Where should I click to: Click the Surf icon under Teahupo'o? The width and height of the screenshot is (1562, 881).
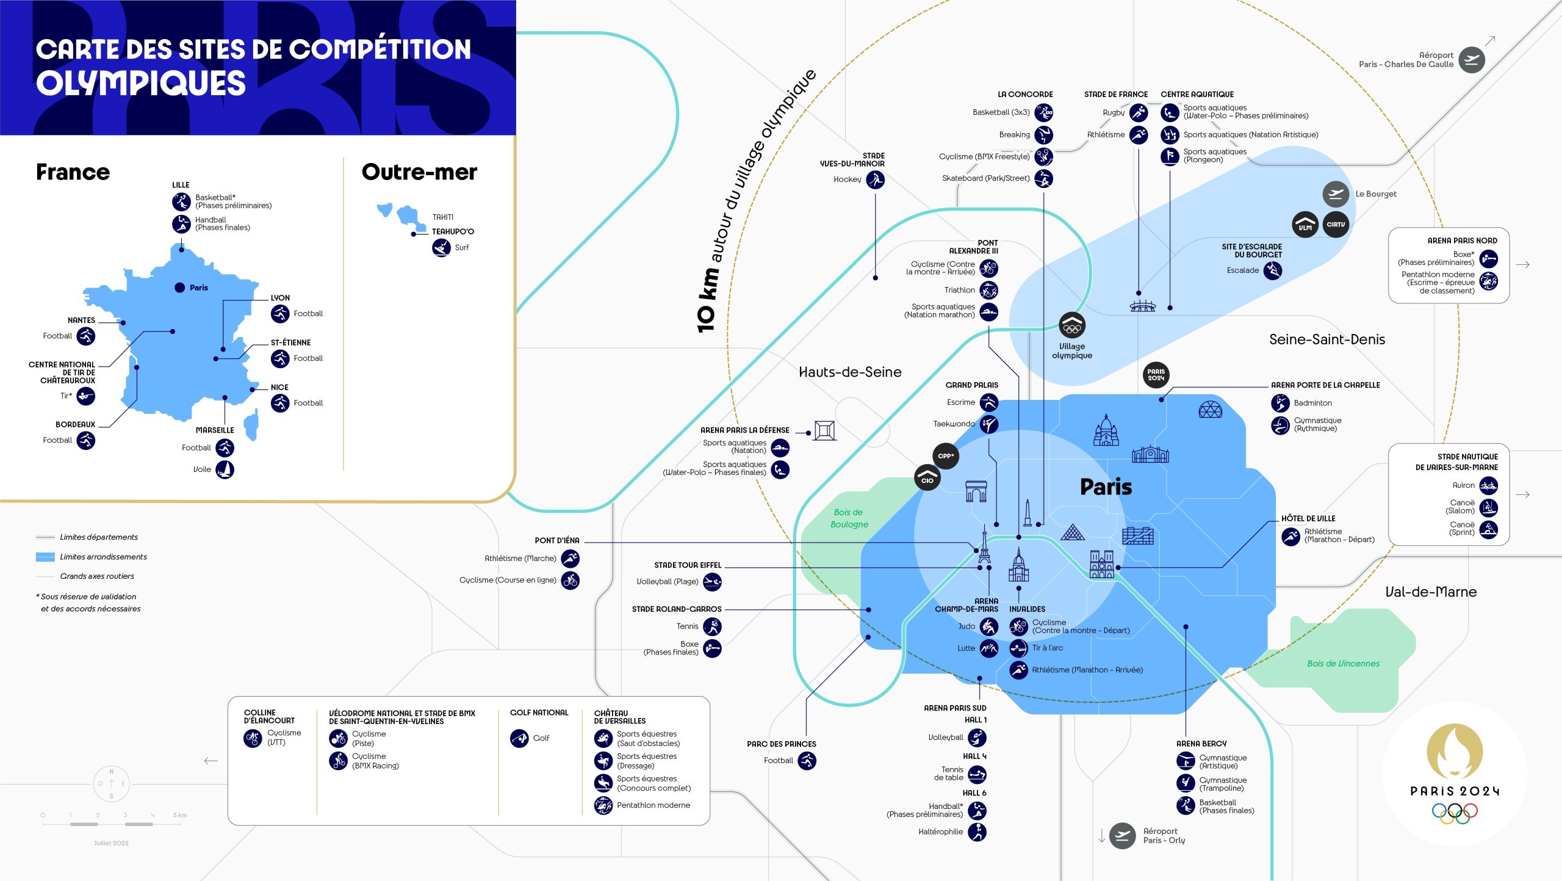pos(441,248)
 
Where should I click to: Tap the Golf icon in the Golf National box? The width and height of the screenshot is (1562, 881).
pos(519,738)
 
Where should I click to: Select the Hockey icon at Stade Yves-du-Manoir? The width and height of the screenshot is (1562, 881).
pos(876,179)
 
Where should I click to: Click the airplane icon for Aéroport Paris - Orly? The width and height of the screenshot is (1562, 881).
pos(1122,836)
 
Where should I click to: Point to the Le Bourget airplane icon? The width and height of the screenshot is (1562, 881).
pos(1336,194)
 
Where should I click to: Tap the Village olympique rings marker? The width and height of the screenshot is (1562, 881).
pos(1072,326)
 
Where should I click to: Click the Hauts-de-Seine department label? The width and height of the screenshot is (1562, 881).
pos(850,372)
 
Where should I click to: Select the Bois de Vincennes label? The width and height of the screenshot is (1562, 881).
pos(1343,664)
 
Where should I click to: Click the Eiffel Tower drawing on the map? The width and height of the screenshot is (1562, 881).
pos(984,545)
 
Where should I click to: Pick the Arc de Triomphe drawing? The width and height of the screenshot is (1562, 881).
pos(976,491)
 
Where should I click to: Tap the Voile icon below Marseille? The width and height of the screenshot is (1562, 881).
pos(225,470)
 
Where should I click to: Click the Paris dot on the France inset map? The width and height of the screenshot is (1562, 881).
pos(179,288)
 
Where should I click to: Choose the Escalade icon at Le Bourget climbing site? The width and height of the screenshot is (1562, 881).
pos(1272,270)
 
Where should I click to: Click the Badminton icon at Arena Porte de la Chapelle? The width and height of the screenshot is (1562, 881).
pos(1280,403)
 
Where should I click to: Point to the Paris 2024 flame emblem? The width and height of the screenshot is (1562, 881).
pos(1454,751)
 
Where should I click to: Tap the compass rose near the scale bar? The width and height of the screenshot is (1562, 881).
pos(112,783)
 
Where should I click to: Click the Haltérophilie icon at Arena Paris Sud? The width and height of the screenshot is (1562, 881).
pos(977,832)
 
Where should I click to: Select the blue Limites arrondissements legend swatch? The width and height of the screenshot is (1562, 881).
pos(45,557)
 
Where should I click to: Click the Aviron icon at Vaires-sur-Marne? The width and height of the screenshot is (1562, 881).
pos(1488,486)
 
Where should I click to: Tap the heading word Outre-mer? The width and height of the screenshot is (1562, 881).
pos(419,172)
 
